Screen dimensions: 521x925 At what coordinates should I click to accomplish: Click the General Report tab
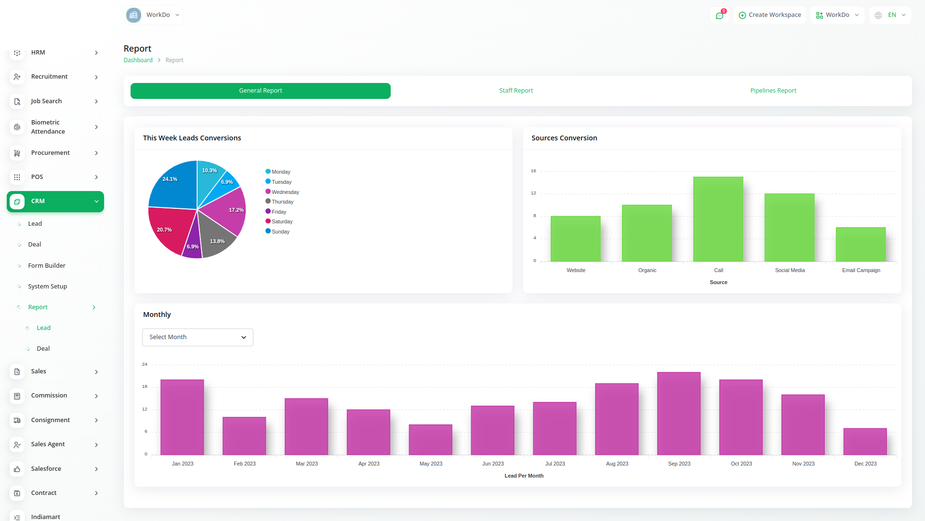(260, 91)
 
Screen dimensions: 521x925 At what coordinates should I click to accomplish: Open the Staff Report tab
(516, 91)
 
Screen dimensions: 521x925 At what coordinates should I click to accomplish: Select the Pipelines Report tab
(773, 91)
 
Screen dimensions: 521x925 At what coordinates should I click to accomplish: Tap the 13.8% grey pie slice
(216, 239)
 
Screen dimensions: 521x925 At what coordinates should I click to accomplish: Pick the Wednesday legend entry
(285, 192)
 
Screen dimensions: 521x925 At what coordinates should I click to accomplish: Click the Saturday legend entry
(282, 221)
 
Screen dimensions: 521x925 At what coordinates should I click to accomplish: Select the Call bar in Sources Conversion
(718, 219)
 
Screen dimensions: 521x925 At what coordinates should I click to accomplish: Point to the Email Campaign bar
(860, 245)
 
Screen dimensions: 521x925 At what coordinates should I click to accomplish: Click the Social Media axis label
(790, 270)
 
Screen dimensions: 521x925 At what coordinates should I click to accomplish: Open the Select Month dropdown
(198, 337)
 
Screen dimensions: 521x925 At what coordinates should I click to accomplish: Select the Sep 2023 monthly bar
(679, 413)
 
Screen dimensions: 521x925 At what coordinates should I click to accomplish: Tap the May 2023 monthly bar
(430, 439)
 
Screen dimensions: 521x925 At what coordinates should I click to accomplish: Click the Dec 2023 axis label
(865, 464)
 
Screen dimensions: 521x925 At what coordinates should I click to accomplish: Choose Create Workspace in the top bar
(769, 15)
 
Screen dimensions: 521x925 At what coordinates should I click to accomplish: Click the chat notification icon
(719, 15)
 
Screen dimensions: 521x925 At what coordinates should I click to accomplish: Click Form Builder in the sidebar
(47, 265)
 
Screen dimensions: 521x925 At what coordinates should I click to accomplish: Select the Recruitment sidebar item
(49, 77)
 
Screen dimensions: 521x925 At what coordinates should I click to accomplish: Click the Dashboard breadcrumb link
(138, 60)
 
